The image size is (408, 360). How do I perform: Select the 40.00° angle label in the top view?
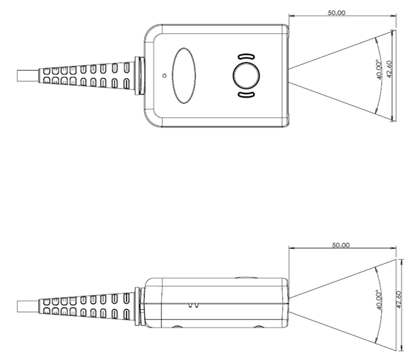[380, 71]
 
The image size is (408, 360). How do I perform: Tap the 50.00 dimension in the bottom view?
[341, 245]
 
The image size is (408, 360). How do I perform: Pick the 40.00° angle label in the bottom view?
[380, 301]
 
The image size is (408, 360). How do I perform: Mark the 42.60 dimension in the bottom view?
[400, 301]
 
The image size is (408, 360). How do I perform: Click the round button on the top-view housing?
[246, 74]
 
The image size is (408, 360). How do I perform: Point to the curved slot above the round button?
[246, 55]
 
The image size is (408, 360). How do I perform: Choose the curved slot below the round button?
[246, 94]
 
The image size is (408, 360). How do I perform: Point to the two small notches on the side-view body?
[192, 306]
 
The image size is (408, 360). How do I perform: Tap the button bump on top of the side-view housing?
[246, 277]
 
